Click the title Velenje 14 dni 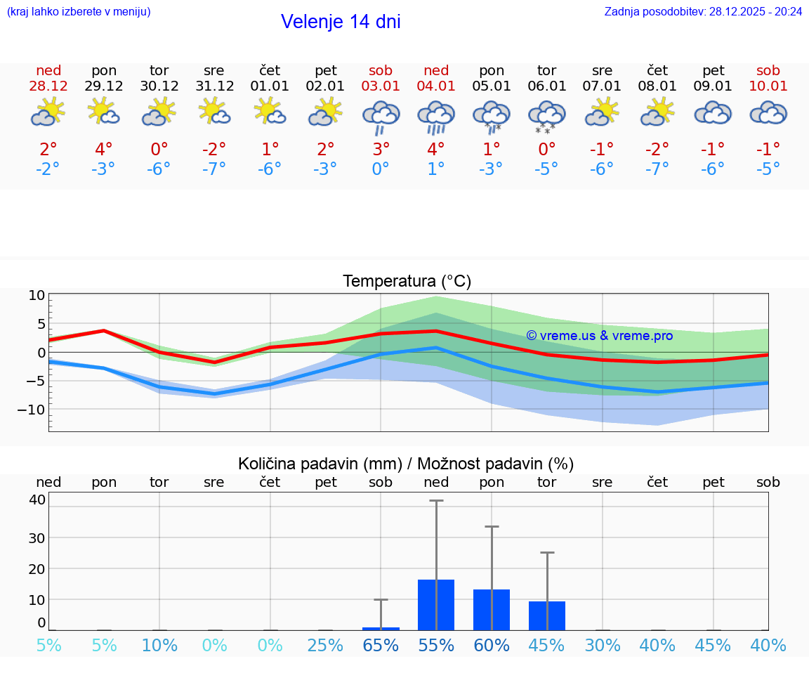pyautogui.click(x=341, y=22)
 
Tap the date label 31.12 pyautogui.click(x=214, y=86)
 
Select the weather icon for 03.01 pyautogui.click(x=381, y=115)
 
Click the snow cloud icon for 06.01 pyautogui.click(x=546, y=115)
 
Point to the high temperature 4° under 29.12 pyautogui.click(x=104, y=150)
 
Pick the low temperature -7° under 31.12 pyautogui.click(x=214, y=169)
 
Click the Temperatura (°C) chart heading pyautogui.click(x=407, y=282)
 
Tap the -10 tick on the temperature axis pyautogui.click(x=35, y=410)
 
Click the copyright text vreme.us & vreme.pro pyautogui.click(x=600, y=336)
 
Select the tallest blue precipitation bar pyautogui.click(x=436, y=605)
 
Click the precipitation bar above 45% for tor pyautogui.click(x=547, y=615)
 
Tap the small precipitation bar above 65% pyautogui.click(x=381, y=628)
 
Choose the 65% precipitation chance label pyautogui.click(x=381, y=645)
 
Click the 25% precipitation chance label pyautogui.click(x=325, y=645)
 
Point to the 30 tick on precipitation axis pyautogui.click(x=37, y=538)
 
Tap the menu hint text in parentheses pyautogui.click(x=79, y=12)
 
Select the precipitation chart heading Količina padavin pyautogui.click(x=406, y=464)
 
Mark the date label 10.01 pyautogui.click(x=768, y=86)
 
